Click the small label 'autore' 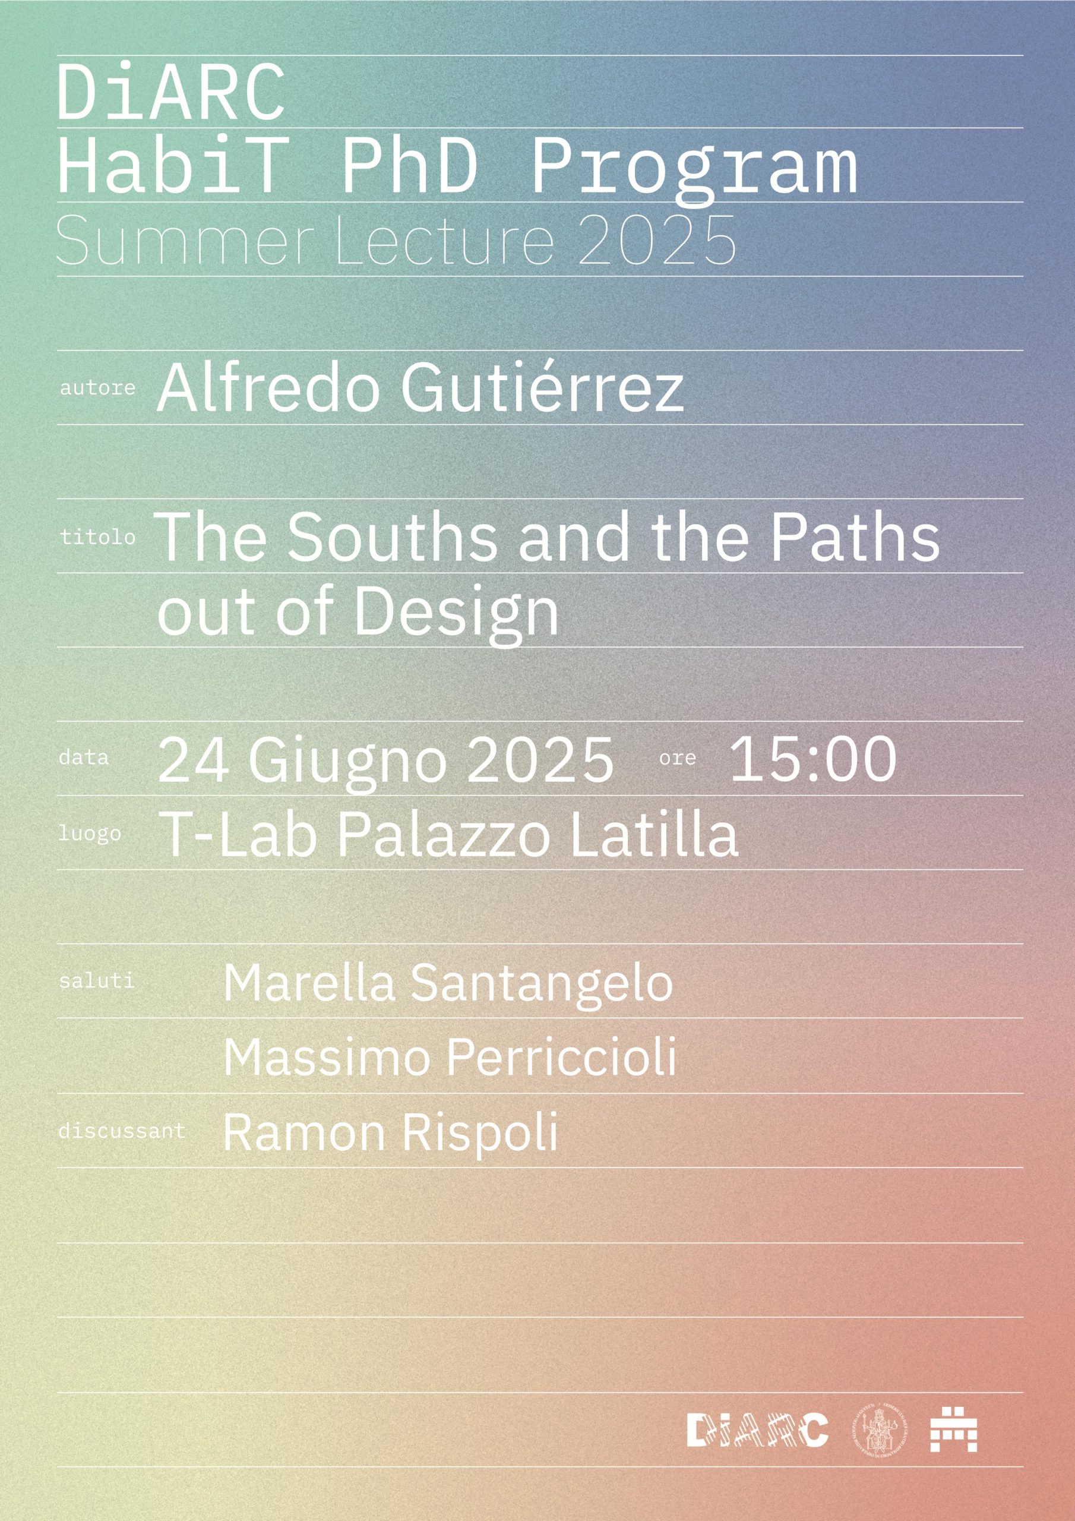tap(97, 387)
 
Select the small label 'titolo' tap(97, 537)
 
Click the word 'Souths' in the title tap(392, 537)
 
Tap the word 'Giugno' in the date tap(347, 762)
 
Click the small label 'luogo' tap(90, 834)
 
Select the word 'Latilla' tap(653, 834)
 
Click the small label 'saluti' tap(97, 980)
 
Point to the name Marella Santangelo tap(448, 983)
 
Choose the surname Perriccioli tap(562, 1058)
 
